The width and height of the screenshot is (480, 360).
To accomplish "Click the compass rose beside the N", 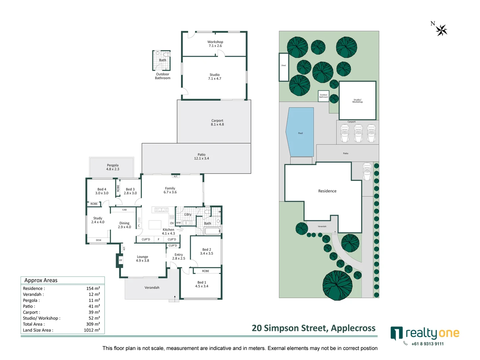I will [x=442, y=30].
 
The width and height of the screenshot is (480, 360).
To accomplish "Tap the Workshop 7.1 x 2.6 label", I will [x=215, y=44].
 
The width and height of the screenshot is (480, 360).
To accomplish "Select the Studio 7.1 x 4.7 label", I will [x=215, y=77].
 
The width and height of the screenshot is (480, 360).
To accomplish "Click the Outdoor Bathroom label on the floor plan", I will [x=163, y=76].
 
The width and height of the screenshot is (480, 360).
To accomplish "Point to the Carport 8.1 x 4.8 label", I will [x=217, y=123].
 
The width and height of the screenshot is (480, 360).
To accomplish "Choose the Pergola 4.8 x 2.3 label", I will [x=113, y=167].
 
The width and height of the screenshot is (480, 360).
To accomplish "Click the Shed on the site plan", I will [x=284, y=67].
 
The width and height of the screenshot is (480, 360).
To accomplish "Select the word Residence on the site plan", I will [x=327, y=191].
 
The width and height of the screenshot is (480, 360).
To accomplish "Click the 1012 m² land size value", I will [x=92, y=330].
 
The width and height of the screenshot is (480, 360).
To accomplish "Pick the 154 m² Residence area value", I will [x=93, y=288].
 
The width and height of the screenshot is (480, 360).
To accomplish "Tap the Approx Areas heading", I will [x=41, y=280].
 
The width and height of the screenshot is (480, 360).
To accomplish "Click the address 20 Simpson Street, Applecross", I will [x=313, y=328].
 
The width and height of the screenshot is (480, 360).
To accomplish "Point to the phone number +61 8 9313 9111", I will [x=427, y=344].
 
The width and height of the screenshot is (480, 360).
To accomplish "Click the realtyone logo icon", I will [x=396, y=333].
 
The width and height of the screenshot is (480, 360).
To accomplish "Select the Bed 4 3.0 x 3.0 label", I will [x=102, y=191].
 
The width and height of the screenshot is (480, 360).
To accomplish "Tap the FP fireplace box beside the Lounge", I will [x=120, y=260].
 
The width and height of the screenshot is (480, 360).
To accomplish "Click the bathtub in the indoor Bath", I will [x=212, y=231].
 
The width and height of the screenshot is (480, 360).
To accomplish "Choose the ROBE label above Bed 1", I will [x=206, y=271].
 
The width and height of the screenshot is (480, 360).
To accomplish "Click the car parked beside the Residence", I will [x=367, y=171].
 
